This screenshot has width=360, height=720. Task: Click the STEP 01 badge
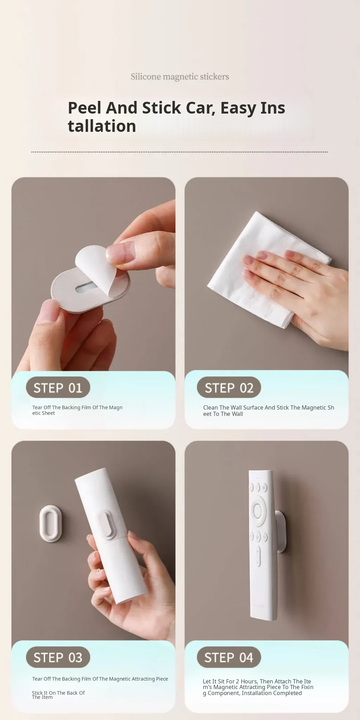pos(58,387)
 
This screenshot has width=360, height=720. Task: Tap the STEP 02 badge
pos(229,387)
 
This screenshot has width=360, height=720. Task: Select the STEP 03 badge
pos(58,657)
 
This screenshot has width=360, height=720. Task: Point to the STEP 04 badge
pos(229,657)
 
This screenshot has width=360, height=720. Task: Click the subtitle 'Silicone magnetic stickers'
pos(180,77)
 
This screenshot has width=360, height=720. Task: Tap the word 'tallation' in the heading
pos(102,126)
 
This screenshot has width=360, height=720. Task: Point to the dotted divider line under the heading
pos(179,152)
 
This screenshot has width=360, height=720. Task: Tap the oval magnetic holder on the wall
pos(51,523)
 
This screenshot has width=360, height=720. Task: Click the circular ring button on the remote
pos(258,510)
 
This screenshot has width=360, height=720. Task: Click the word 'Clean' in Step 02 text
pos(211,407)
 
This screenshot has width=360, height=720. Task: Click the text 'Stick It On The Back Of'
pos(58,693)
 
